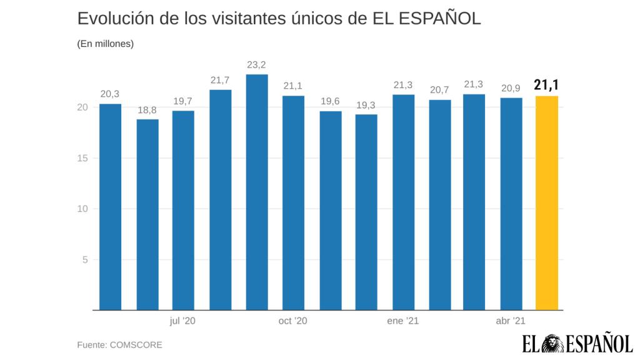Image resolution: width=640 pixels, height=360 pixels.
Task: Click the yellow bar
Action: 547,202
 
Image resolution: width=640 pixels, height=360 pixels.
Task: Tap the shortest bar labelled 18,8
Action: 147,214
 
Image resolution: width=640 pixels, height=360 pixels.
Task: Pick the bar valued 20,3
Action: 111,206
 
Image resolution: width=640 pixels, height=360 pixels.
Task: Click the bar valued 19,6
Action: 330,210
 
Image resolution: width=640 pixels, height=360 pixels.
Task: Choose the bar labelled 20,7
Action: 439,204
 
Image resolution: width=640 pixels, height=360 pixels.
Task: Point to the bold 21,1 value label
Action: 546,85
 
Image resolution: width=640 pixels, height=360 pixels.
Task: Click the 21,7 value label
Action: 220,80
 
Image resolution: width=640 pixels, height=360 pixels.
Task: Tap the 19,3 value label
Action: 366,104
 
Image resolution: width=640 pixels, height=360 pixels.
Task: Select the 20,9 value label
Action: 511,88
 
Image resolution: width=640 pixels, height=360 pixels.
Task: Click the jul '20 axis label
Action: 182,321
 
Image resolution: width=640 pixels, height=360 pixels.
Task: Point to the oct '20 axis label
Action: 292,321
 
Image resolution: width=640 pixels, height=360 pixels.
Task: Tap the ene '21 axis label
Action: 402,321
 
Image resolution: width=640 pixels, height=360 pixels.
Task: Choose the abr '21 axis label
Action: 511,321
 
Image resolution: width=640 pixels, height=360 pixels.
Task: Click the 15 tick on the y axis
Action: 82,158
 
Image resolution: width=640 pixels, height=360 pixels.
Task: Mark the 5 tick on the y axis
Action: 84,259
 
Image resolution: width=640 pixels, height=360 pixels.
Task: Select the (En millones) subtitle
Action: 106,44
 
